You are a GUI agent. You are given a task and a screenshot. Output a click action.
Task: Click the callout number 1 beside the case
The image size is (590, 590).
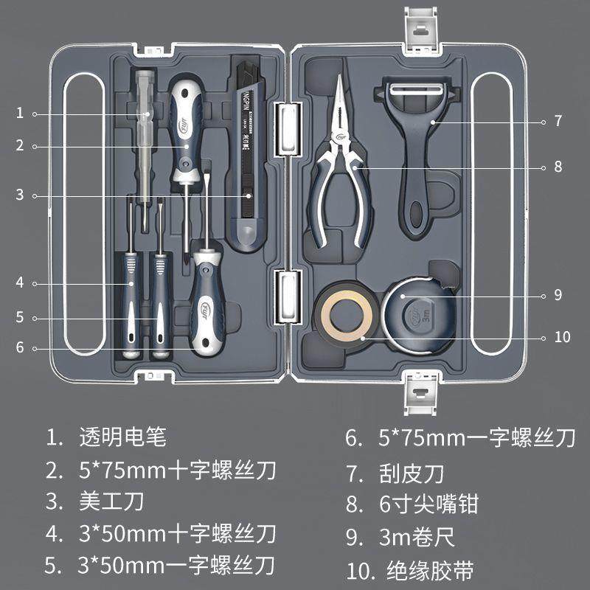(20, 113)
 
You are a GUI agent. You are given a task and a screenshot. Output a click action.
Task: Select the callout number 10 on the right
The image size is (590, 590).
(562, 337)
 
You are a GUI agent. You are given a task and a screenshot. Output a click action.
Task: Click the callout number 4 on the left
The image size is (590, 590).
(20, 282)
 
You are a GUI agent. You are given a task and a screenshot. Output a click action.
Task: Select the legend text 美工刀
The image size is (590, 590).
(111, 502)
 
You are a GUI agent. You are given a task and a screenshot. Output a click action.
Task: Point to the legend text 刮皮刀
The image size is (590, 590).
(412, 472)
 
